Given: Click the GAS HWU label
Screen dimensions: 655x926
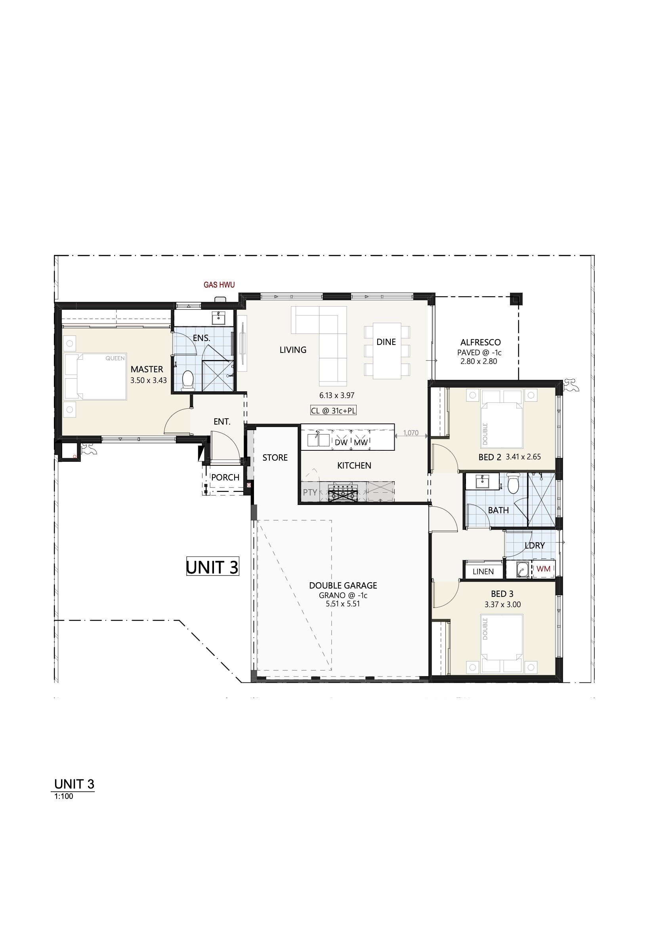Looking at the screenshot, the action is (x=219, y=285).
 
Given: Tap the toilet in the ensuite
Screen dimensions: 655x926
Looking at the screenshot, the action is (x=188, y=380).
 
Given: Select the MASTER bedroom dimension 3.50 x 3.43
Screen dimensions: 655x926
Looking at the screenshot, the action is (x=149, y=380).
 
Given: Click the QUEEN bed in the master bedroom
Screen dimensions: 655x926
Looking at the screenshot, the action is (x=95, y=376).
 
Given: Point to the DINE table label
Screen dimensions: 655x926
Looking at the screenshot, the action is (x=386, y=342).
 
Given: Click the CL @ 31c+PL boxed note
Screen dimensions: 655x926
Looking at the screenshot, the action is (x=333, y=411).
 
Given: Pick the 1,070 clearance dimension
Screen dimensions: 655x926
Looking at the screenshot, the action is (x=411, y=433).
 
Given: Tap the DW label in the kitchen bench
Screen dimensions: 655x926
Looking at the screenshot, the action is (x=341, y=442).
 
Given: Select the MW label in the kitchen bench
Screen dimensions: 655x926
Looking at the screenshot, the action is (x=361, y=442).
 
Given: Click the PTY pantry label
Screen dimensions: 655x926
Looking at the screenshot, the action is (x=310, y=492).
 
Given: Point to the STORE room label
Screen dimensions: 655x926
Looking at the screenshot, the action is (x=275, y=458).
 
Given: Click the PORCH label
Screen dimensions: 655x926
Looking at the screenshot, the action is (x=225, y=478).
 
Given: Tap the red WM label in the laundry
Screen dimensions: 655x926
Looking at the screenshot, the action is (x=544, y=569).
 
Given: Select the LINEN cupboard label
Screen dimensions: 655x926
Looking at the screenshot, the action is (x=483, y=572).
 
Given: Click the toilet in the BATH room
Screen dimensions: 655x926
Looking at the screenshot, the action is (x=513, y=484).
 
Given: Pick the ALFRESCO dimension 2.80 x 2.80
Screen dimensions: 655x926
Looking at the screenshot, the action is (x=479, y=361).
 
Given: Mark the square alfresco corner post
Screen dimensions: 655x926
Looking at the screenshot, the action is (x=516, y=299).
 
